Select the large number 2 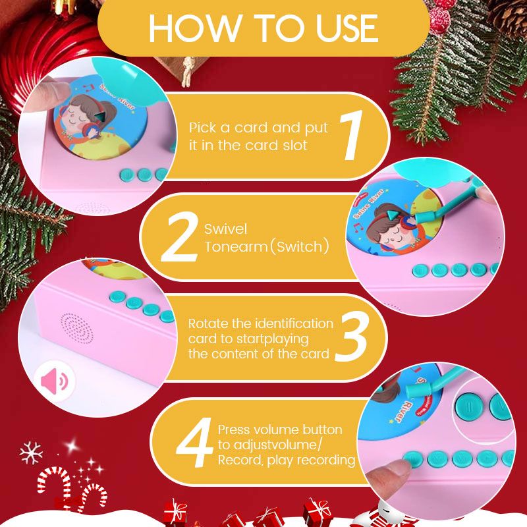pos(178,239)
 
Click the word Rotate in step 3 pos(209,323)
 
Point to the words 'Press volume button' pos(280,430)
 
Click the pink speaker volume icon pos(55,380)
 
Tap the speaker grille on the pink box pos(76,327)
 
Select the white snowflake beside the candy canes pos(30,453)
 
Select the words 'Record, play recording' pos(287,459)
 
